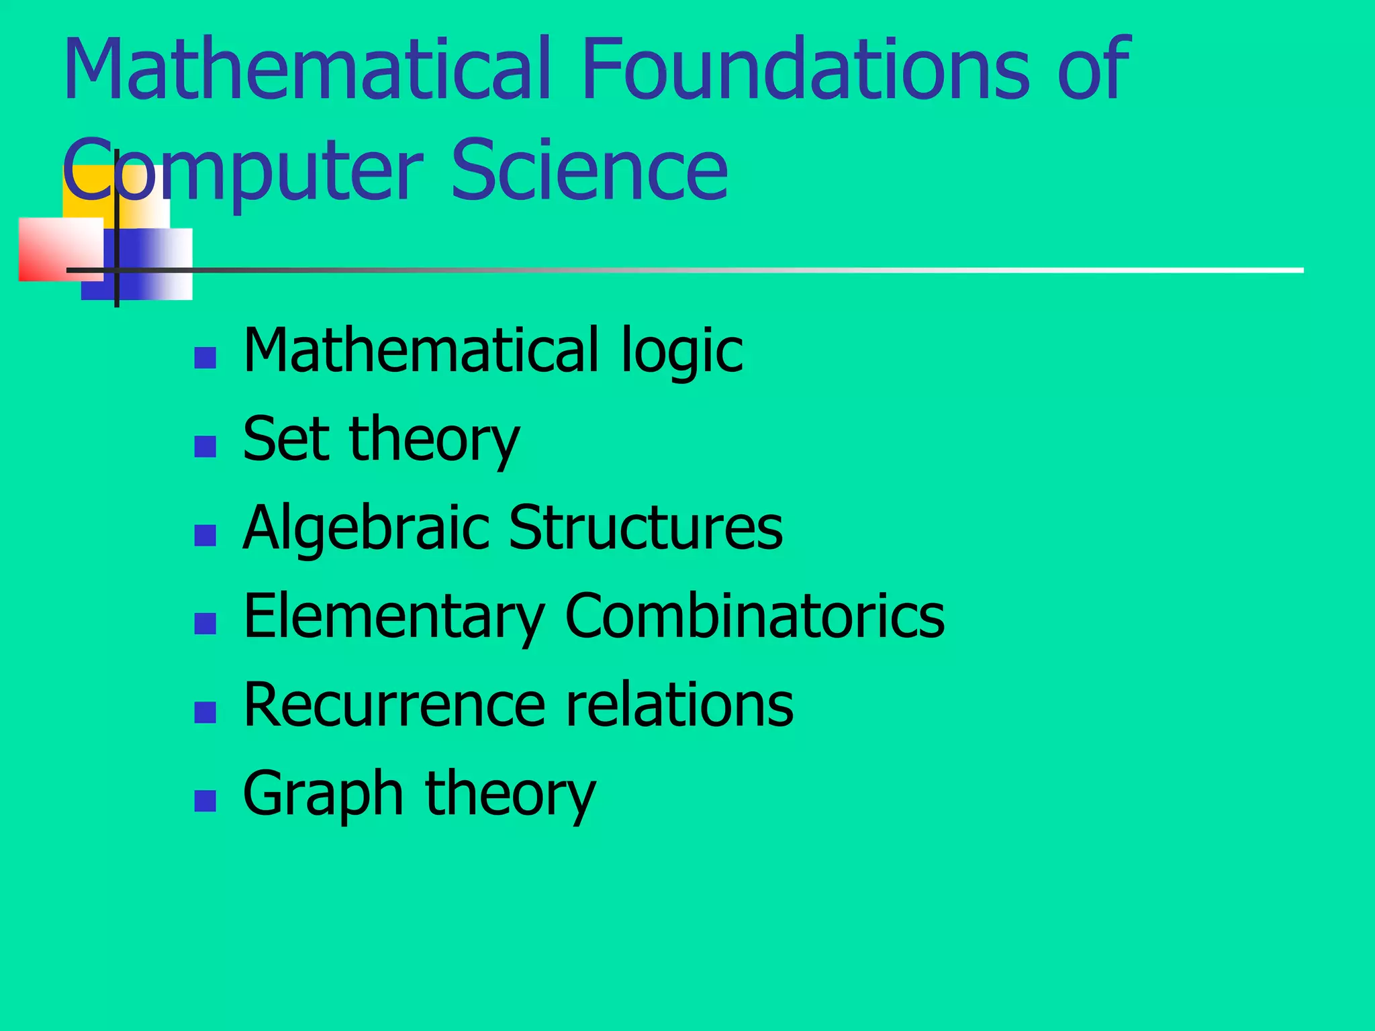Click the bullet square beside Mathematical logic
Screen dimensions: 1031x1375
(205, 358)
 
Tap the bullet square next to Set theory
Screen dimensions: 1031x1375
(205, 446)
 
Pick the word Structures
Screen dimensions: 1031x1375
(646, 528)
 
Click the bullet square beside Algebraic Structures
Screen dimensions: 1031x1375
(205, 535)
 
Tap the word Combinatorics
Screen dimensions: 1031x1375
(755, 616)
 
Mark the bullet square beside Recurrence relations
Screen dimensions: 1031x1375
(205, 712)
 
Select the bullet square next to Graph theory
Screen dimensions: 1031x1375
(205, 801)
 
